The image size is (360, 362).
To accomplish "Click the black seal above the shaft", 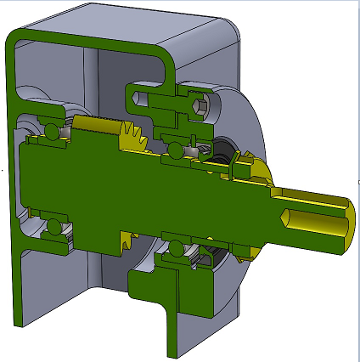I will (x=222, y=154).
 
